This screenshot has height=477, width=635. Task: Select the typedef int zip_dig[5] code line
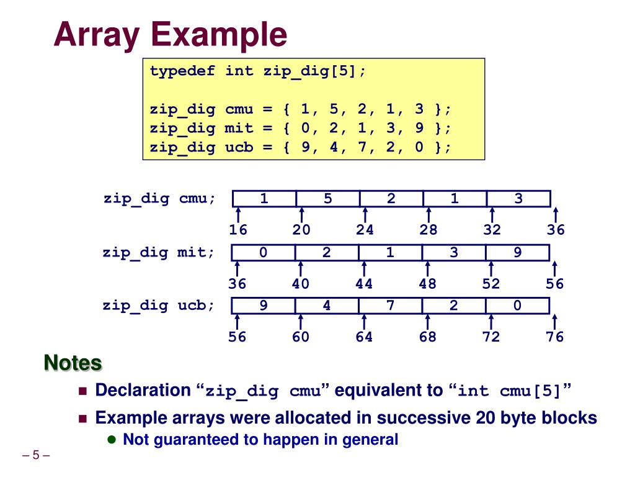258,71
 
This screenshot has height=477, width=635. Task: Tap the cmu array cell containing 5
327,199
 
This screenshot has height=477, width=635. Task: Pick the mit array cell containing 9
517,253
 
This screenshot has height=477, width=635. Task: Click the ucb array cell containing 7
390,306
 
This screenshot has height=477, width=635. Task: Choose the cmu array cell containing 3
518,199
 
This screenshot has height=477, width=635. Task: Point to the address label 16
238,230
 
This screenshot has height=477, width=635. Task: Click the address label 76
555,337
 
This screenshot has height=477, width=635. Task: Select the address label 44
364,284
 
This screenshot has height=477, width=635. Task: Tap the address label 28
428,230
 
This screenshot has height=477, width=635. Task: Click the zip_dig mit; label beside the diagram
159,253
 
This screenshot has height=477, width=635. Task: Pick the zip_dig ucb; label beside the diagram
159,306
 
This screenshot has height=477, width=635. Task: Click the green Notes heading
73,363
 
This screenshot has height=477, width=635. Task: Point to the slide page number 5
35,455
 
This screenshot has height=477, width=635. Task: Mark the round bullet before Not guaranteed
112,440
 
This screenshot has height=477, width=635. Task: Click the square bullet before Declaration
84,391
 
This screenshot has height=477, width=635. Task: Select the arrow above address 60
301,322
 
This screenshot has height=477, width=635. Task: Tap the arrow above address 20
301,215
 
